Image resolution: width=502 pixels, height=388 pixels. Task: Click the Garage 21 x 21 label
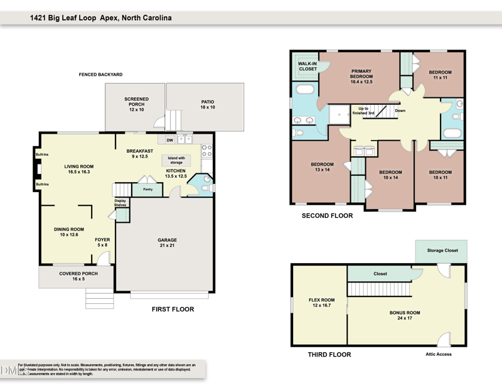point(167,243)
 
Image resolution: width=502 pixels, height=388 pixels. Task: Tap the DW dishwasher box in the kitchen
point(169,140)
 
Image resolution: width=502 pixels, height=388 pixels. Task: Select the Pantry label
point(148,189)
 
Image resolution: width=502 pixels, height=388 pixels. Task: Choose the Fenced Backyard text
point(100,75)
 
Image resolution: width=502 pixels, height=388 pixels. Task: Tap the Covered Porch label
point(77,277)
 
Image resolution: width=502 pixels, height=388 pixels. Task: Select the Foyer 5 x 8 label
point(102,242)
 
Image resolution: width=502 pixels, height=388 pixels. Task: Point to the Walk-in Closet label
point(307,67)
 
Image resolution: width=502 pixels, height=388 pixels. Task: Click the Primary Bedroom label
point(361,77)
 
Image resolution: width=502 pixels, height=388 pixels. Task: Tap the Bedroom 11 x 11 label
point(440,75)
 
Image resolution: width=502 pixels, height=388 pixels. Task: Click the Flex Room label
point(320,303)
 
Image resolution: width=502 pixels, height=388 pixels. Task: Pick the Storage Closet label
point(442,251)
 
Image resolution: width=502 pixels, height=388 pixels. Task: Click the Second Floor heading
point(327,215)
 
